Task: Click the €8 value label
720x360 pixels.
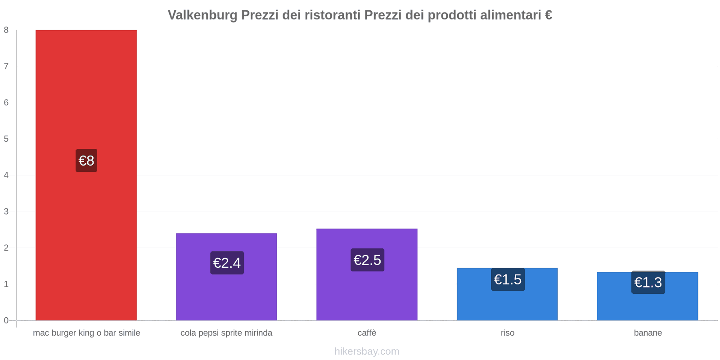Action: point(86,161)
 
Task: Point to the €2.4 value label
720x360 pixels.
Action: point(227,263)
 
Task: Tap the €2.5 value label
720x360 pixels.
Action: point(367,260)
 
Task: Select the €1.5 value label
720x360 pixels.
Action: point(508,279)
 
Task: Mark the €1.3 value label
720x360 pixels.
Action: point(648,283)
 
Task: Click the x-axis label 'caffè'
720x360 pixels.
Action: point(367,333)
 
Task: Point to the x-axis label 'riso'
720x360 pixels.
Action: point(508,333)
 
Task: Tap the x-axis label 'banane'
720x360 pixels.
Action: point(648,333)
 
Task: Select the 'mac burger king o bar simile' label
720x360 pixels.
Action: point(86,333)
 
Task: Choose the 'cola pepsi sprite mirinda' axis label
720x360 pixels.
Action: point(226,333)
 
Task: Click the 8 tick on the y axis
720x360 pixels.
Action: point(6,30)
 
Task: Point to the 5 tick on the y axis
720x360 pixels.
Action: point(6,139)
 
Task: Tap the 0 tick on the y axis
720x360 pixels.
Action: point(6,320)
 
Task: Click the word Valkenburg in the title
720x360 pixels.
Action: point(202,15)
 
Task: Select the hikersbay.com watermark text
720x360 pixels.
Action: point(367,351)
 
